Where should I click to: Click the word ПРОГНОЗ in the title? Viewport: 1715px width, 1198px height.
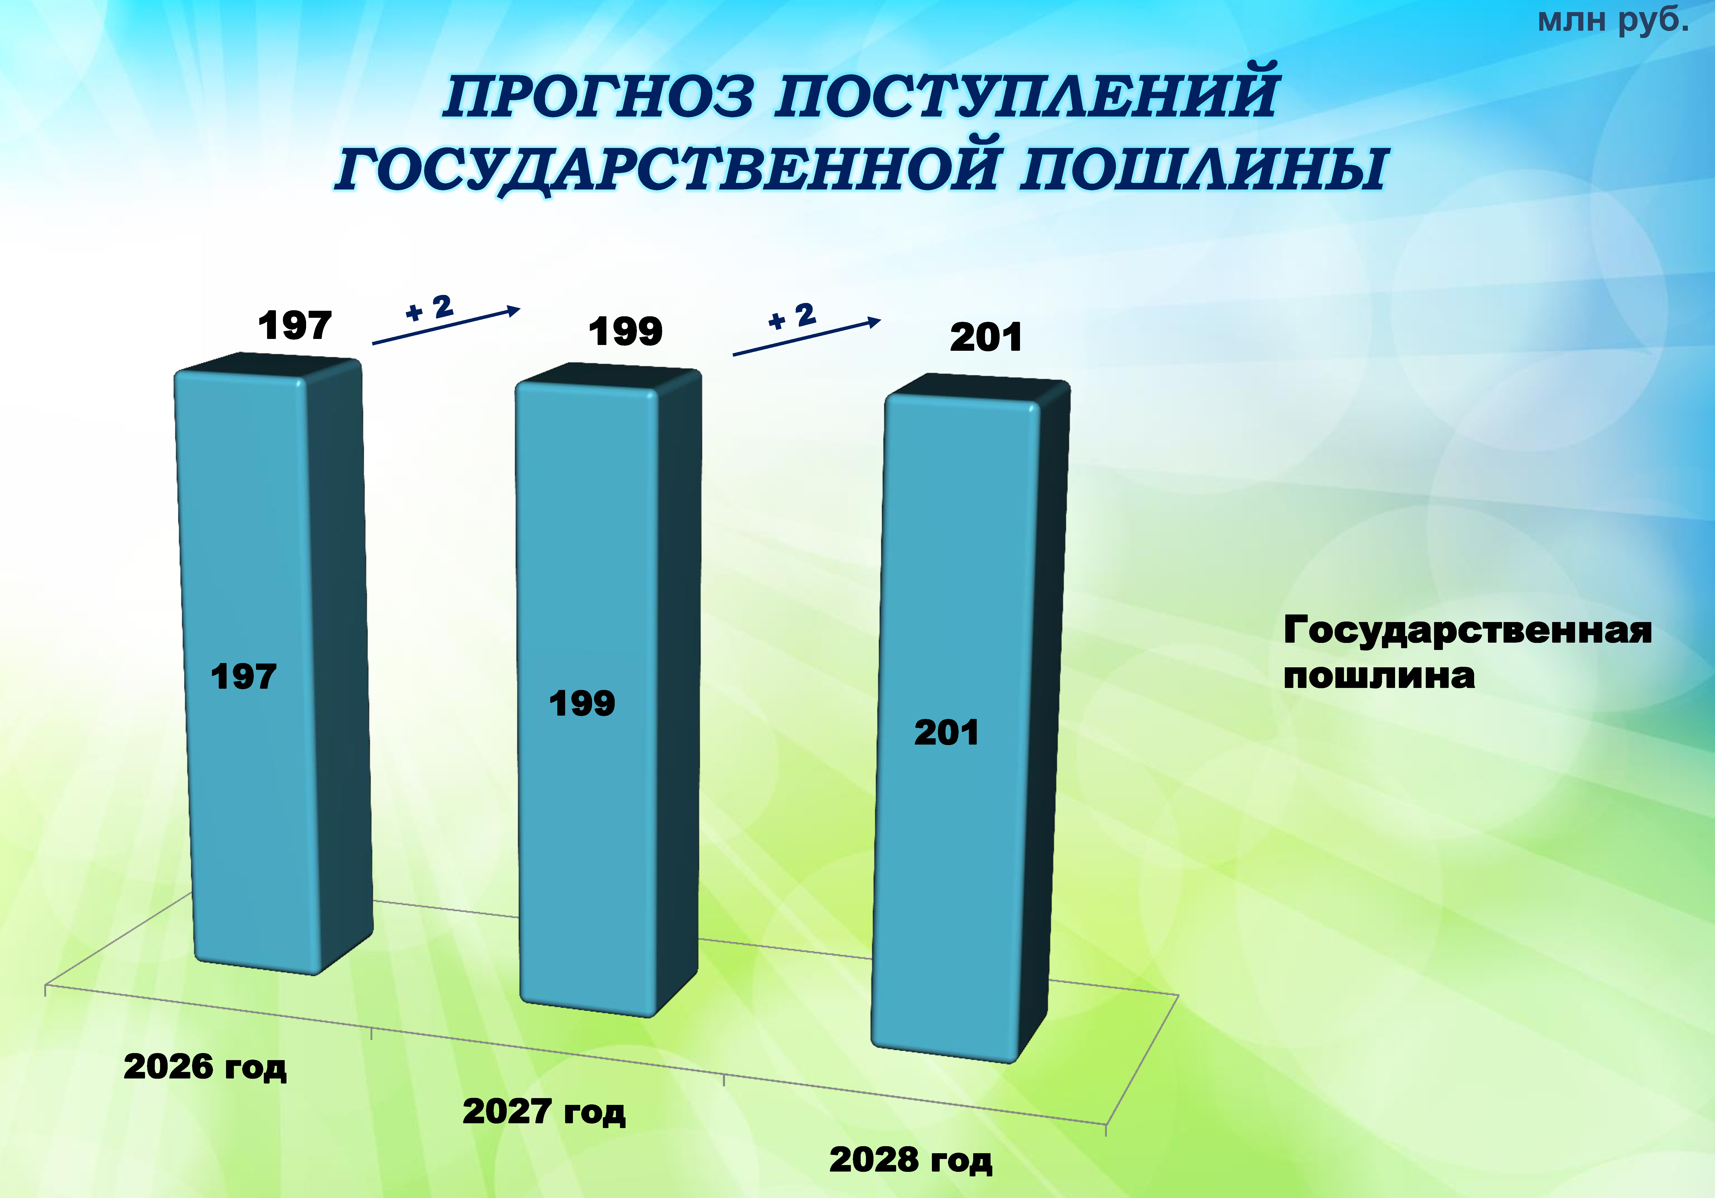click(598, 97)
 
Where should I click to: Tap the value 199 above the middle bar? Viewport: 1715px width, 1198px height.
click(625, 332)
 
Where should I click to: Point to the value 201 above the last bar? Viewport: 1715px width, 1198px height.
click(986, 338)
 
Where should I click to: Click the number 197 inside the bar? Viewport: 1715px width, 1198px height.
click(243, 677)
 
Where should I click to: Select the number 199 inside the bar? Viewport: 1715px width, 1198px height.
click(582, 704)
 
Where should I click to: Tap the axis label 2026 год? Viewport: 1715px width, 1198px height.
click(205, 1067)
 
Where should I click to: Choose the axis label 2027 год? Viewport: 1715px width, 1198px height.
click(544, 1111)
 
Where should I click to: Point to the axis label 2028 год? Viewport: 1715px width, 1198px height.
click(910, 1160)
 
